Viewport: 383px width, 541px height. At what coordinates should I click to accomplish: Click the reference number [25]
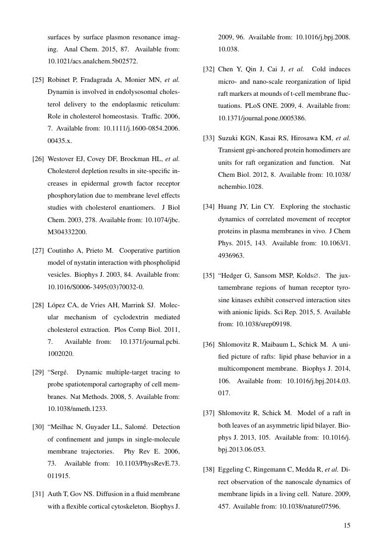(38, 80)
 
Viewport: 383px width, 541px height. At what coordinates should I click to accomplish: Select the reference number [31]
(38, 494)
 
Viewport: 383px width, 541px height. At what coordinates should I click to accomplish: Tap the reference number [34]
(208, 206)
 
